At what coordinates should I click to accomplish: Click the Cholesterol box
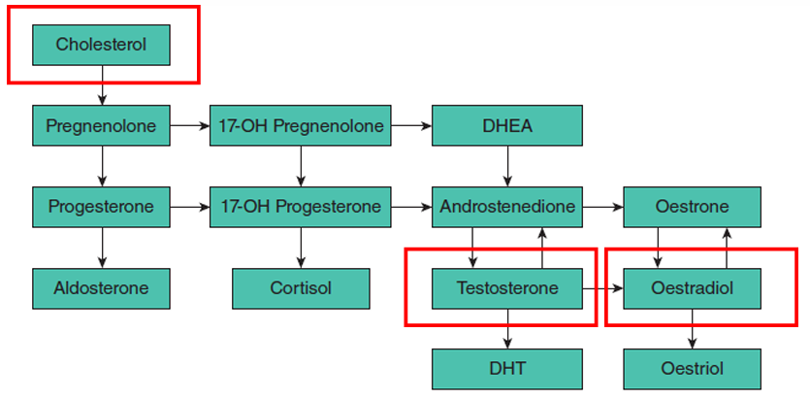coord(102,45)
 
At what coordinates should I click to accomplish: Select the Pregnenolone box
coord(102,126)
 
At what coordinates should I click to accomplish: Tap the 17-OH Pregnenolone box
coord(301,126)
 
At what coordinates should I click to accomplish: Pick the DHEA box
coord(507,126)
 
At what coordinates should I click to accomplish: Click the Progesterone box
coord(102,207)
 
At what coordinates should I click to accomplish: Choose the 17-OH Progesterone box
coord(301,207)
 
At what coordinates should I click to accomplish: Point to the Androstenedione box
coord(507,207)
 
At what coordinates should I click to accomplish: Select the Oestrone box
coord(692,207)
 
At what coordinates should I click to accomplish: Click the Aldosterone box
coord(102,288)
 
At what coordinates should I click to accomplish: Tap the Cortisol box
coord(301,288)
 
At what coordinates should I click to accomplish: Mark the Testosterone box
coord(507,288)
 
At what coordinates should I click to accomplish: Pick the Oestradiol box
coord(692,288)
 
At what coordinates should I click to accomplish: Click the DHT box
coord(507,369)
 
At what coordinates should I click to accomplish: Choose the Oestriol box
coord(692,369)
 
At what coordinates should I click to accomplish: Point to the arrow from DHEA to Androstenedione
coord(507,166)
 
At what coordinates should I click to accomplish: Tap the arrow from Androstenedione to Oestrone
coord(603,207)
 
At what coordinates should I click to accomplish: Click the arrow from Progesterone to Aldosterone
coord(102,248)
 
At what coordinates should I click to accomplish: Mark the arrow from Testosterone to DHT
coord(507,328)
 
